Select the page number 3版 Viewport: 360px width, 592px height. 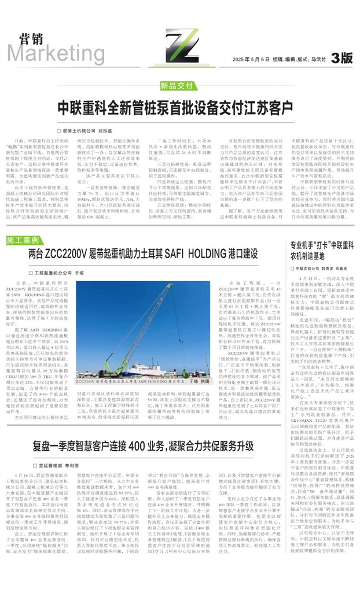click(x=341, y=58)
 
